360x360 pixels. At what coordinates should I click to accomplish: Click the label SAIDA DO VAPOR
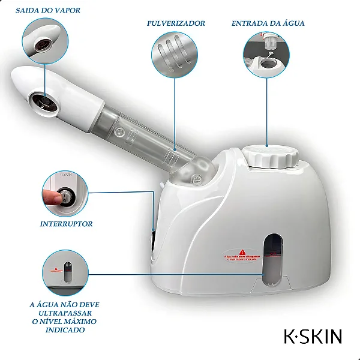(50, 10)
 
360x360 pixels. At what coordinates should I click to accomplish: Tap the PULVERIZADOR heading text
(176, 23)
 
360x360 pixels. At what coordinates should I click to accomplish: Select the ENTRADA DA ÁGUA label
(268, 23)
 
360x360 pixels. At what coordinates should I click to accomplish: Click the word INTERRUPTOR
(66, 224)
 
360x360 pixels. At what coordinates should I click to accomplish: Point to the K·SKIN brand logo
(313, 336)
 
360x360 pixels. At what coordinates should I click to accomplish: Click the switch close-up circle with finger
(65, 193)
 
